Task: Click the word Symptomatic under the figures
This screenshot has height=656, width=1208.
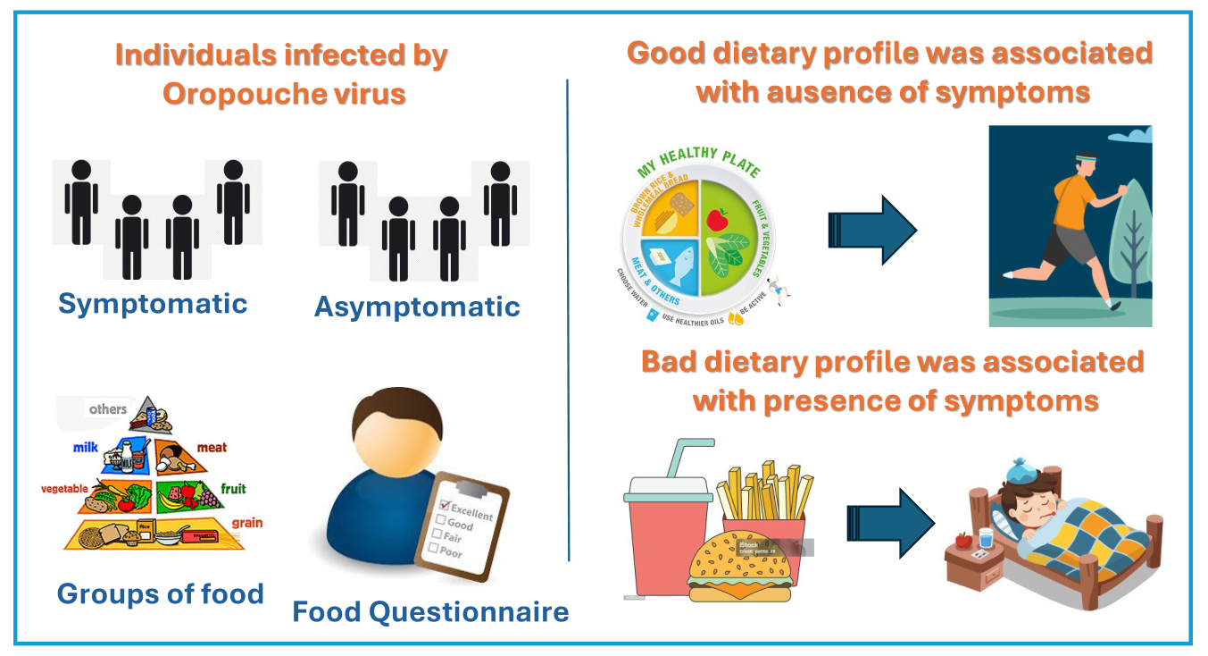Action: (153, 304)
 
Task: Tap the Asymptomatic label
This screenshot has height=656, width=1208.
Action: (417, 307)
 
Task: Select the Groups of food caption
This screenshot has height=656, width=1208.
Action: (161, 593)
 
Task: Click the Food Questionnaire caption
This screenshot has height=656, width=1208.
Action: (430, 612)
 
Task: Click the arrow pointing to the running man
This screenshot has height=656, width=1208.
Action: (871, 231)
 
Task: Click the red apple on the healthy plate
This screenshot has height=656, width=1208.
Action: (718, 219)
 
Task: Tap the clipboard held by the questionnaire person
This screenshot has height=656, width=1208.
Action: (462, 526)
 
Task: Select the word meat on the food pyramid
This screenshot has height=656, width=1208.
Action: (212, 447)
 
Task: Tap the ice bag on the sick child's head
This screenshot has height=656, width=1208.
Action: (1021, 471)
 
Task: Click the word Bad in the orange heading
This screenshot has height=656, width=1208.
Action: (672, 362)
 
